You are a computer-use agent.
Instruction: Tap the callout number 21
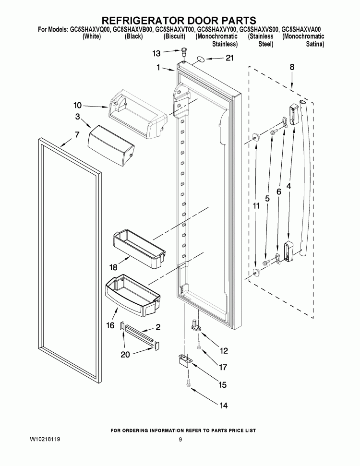click(230, 59)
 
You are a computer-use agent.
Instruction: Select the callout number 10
click(78, 105)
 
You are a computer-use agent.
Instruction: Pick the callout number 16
click(110, 326)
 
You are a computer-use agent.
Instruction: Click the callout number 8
click(292, 68)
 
